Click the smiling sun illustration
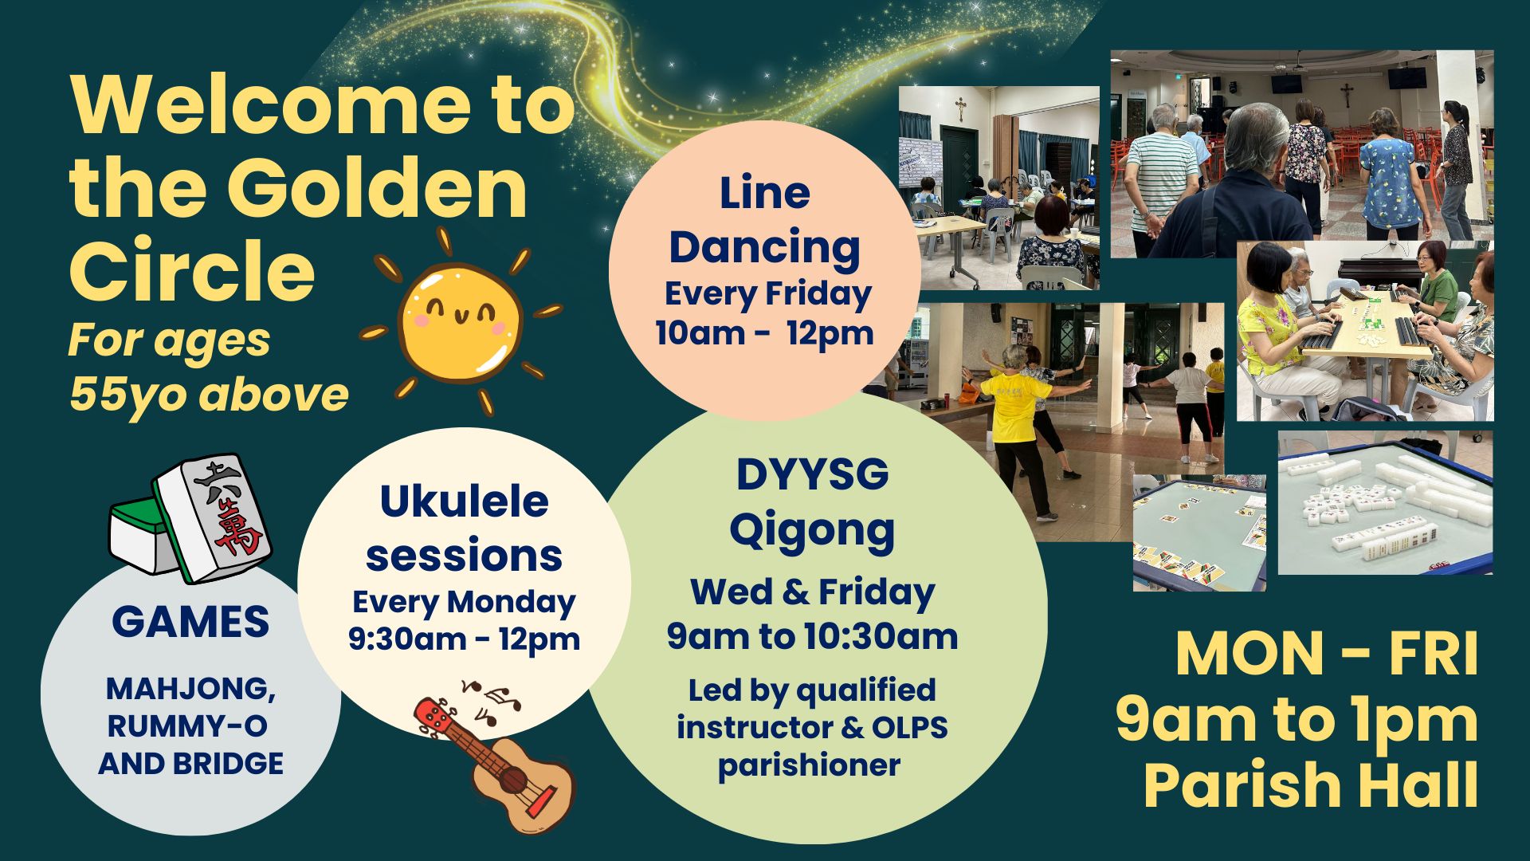[x=461, y=323]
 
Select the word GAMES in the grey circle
[x=190, y=622]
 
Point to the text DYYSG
[x=812, y=475]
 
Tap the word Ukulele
[x=464, y=502]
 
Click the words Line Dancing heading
[x=765, y=221]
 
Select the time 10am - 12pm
[x=765, y=333]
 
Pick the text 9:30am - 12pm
[x=464, y=639]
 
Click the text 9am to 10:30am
[x=812, y=637]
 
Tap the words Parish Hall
[x=1311, y=786]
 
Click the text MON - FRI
[x=1327, y=655]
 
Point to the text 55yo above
[x=209, y=395]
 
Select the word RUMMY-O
[x=188, y=726]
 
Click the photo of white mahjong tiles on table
[x=1385, y=502]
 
